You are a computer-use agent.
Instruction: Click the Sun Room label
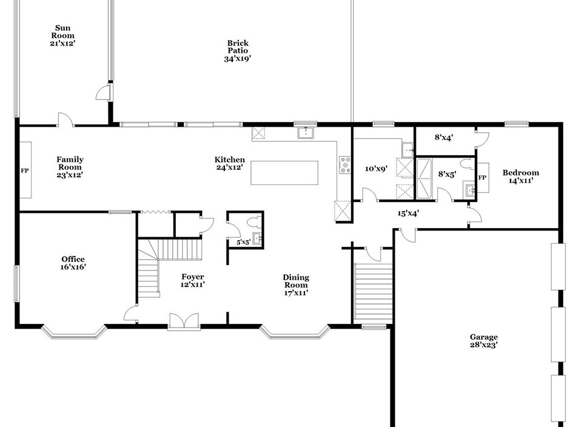click(63, 32)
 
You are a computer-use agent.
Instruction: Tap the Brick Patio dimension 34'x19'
click(238, 58)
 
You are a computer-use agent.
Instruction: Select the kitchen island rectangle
click(284, 173)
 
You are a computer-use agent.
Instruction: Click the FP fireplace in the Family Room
click(25, 170)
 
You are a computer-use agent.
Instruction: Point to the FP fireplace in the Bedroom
click(483, 178)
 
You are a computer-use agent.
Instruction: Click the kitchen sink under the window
click(306, 132)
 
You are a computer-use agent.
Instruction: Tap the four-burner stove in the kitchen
click(345, 165)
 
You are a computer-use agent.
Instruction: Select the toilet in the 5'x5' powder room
click(254, 223)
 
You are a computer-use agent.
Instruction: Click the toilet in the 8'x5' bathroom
click(467, 164)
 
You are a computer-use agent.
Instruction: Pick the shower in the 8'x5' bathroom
click(425, 178)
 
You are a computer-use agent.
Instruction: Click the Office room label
click(73, 259)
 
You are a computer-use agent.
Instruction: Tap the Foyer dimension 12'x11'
click(192, 284)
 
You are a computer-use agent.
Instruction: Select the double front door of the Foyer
click(184, 321)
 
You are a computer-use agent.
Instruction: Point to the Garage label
click(484, 337)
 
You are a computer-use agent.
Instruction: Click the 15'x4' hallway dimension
click(408, 213)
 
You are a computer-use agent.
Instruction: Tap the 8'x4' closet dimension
click(444, 138)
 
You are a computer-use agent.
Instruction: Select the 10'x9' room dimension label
click(377, 169)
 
